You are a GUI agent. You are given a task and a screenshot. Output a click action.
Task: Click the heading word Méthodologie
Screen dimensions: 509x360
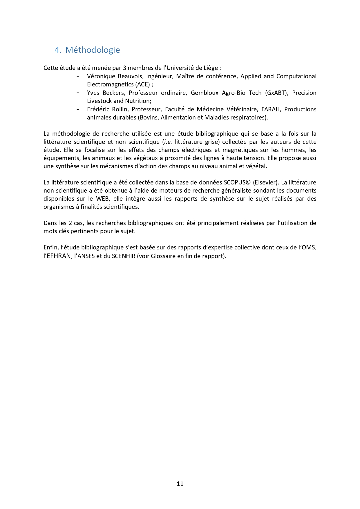(93, 50)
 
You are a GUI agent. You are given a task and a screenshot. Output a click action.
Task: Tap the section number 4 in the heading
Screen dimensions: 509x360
(57, 50)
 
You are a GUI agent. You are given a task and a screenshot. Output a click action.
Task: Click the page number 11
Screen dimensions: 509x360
(180, 483)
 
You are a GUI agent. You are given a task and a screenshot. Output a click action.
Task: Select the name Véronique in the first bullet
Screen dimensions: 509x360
(100, 76)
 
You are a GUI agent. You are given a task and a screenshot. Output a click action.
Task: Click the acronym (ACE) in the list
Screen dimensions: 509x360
(142, 84)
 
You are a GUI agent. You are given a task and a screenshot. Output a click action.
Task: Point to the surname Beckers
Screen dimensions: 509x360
(113, 93)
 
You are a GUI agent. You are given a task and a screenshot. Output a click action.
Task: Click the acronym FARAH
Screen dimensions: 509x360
(271, 109)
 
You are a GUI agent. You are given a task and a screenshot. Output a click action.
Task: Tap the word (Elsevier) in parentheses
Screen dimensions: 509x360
(266, 182)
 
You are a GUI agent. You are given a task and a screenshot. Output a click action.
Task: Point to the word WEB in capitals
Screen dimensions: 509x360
(103, 199)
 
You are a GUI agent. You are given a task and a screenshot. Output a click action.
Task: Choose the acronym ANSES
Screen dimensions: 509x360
(87, 256)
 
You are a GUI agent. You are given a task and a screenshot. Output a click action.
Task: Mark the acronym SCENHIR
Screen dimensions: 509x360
(124, 256)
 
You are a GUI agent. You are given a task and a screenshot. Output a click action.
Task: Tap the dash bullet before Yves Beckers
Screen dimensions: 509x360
(78, 93)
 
